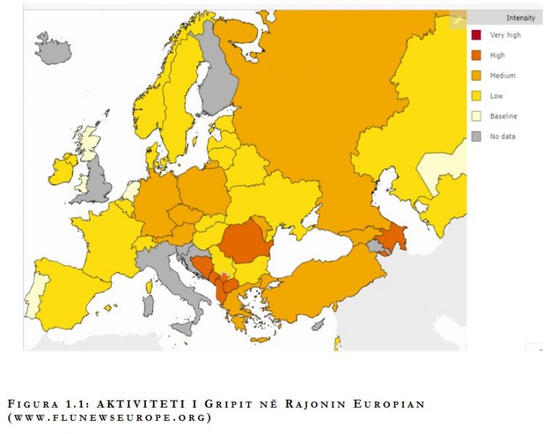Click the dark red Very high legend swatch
pyautogui.click(x=476, y=35)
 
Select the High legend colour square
pyautogui.click(x=476, y=55)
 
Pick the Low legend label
pyautogui.click(x=497, y=96)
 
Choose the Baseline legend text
pyautogui.click(x=503, y=116)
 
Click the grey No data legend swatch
pyautogui.click(x=476, y=136)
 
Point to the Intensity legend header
pyautogui.click(x=521, y=17)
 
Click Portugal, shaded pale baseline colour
pyautogui.click(x=33, y=298)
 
